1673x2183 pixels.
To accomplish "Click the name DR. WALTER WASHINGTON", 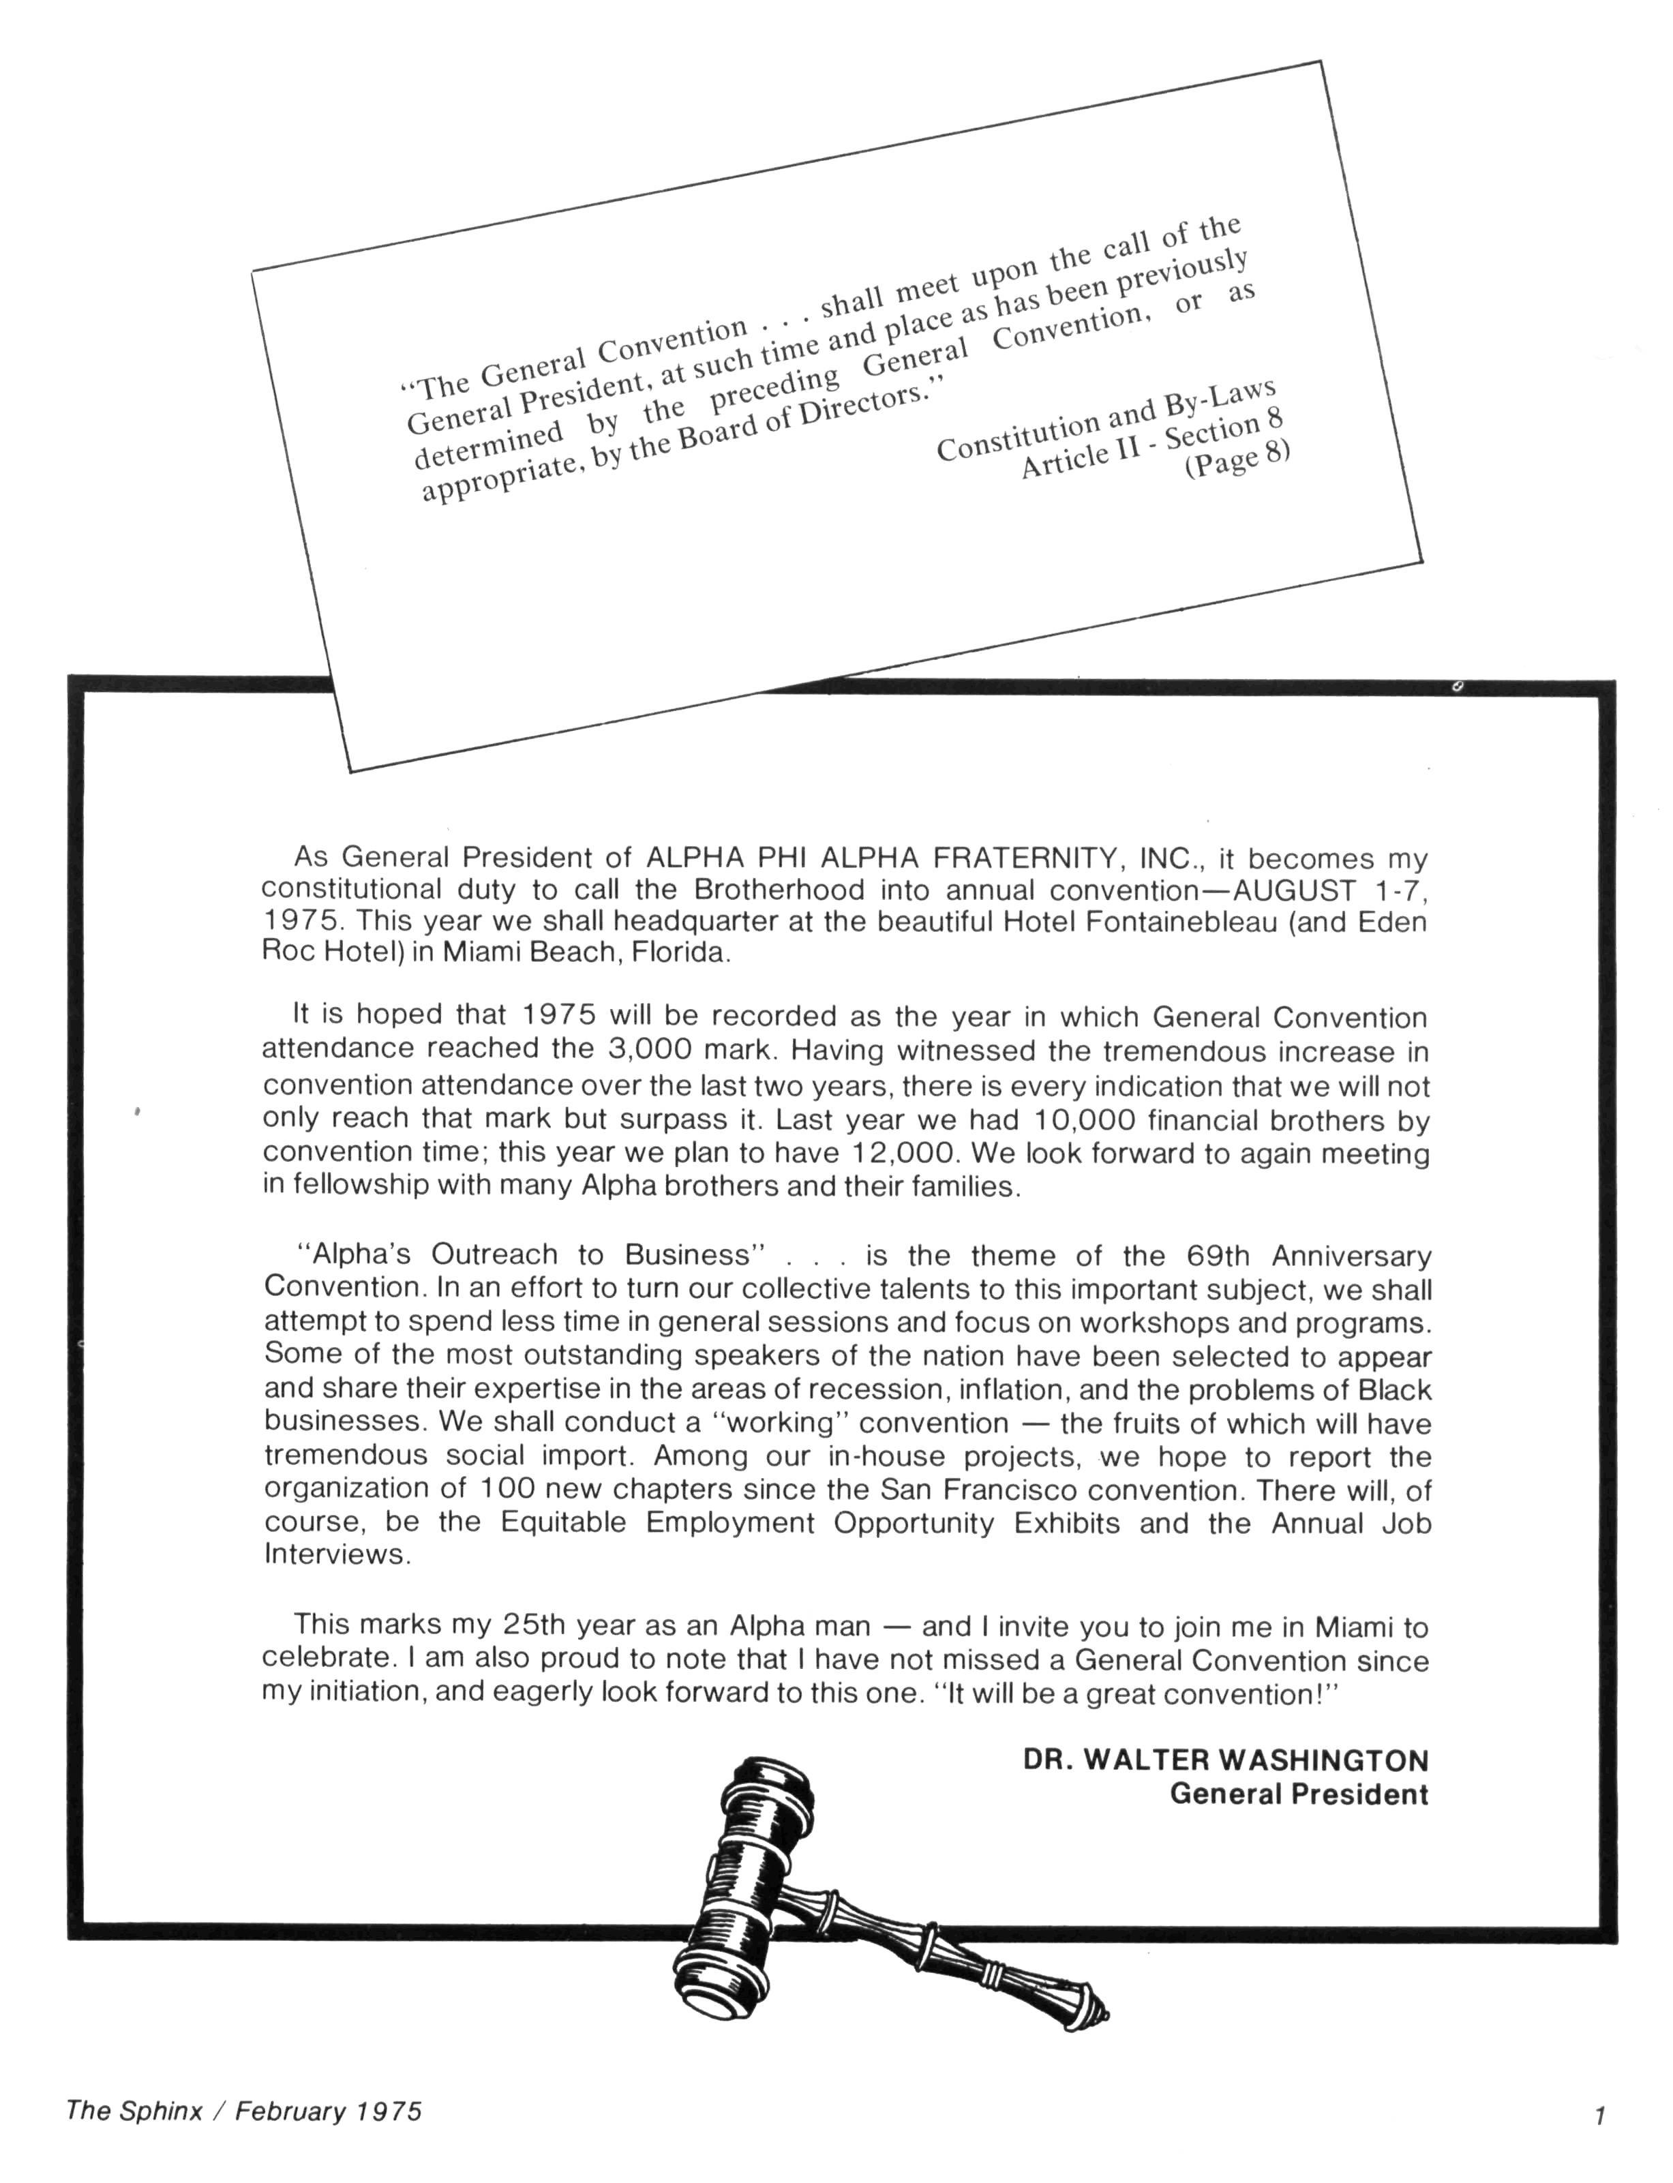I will (x=1225, y=1760).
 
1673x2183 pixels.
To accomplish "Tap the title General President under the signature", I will (x=1299, y=1794).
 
